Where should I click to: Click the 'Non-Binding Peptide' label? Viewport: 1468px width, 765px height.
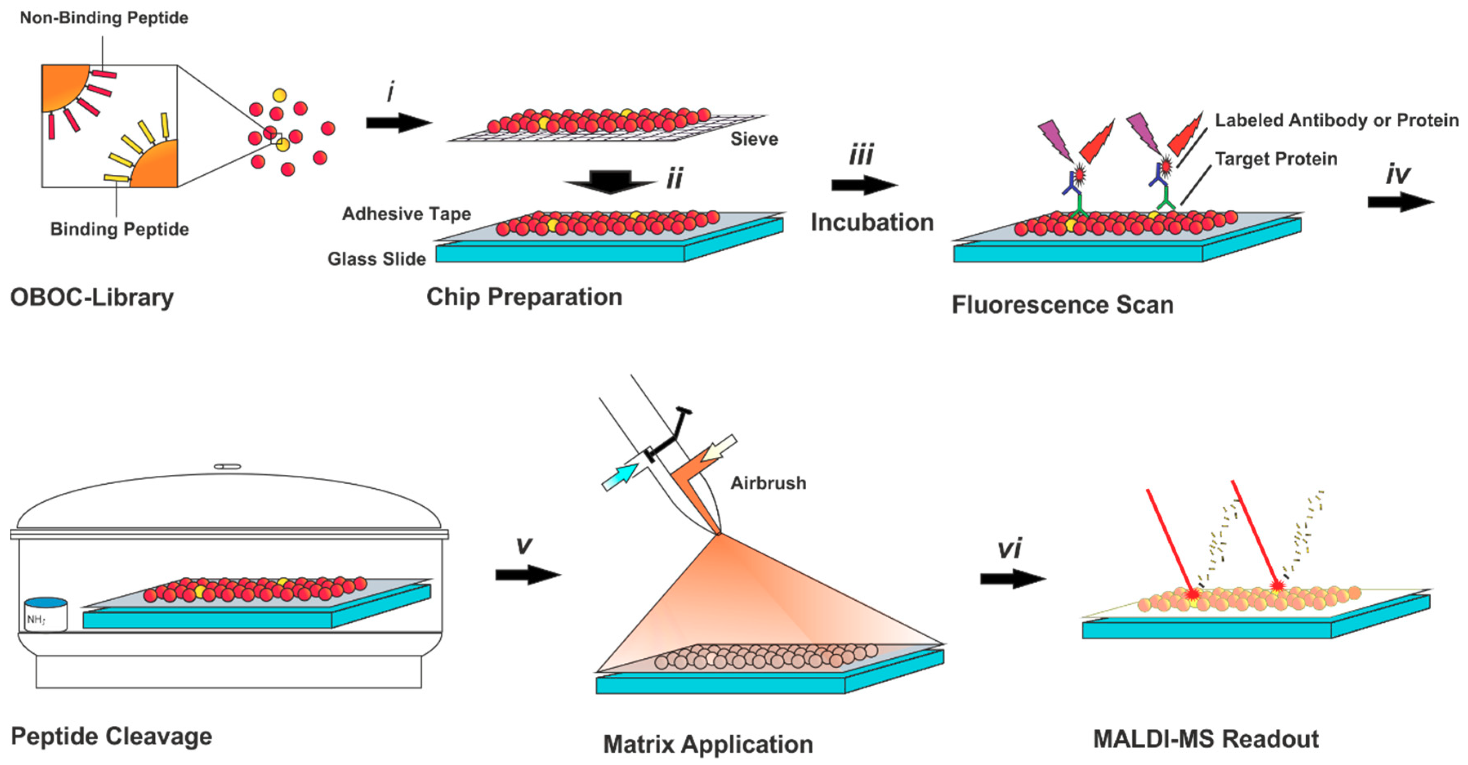pyautogui.click(x=104, y=18)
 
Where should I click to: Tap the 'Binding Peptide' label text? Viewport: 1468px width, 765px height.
pyautogui.click(x=119, y=229)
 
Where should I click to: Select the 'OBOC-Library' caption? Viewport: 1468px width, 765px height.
pyautogui.click(x=92, y=297)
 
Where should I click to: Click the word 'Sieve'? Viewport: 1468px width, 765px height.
pyautogui.click(x=754, y=139)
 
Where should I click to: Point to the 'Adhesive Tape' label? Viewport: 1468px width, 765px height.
pyautogui.click(x=406, y=214)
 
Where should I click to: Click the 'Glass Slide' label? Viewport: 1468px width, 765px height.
pyautogui.click(x=376, y=259)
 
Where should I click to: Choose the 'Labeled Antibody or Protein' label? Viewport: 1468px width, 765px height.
pyautogui.click(x=1336, y=120)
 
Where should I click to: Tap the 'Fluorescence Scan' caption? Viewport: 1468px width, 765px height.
pyautogui.click(x=1062, y=305)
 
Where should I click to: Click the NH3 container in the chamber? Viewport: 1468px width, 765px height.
pyautogui.click(x=46, y=615)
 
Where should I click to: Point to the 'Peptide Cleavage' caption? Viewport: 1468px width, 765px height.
pyautogui.click(x=111, y=736)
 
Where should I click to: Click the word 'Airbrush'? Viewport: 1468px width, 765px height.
pyautogui.click(x=768, y=483)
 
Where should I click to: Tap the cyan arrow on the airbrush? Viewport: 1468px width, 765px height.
pyautogui.click(x=619, y=476)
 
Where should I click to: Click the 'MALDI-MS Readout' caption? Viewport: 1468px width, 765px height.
pyautogui.click(x=1205, y=739)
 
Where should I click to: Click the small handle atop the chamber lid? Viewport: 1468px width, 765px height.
pyautogui.click(x=228, y=466)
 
